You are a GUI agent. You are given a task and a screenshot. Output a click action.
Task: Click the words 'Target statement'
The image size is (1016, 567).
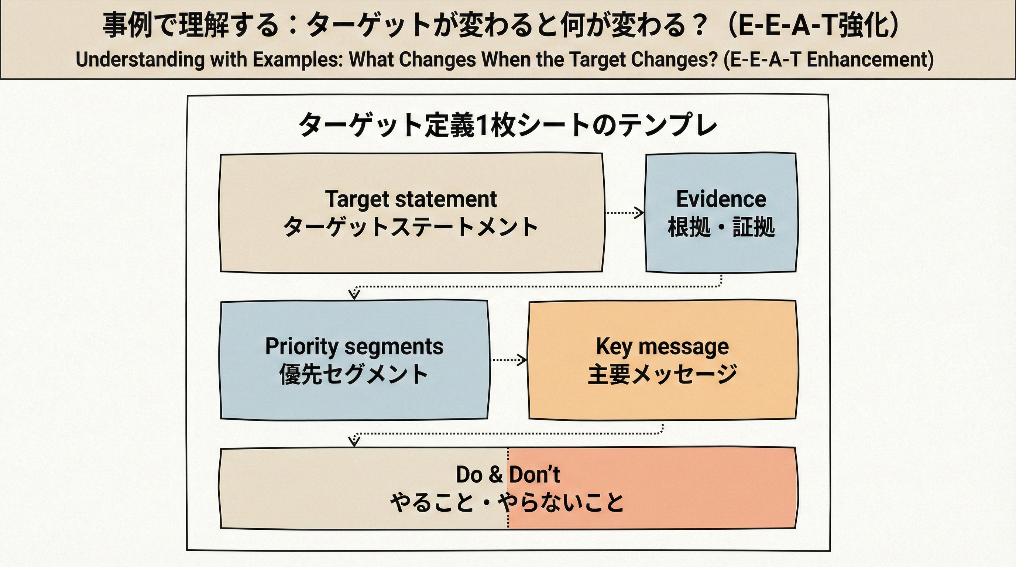(x=411, y=199)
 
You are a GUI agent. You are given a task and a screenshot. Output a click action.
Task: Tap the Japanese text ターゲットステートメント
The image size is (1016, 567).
(x=411, y=227)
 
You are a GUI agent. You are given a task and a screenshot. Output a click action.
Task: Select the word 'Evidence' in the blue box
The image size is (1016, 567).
(x=721, y=199)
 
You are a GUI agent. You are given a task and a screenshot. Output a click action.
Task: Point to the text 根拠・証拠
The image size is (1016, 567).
(x=721, y=227)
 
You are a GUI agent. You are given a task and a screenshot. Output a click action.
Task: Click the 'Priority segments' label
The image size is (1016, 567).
(x=354, y=347)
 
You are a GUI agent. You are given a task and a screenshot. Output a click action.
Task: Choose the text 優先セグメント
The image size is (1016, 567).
(x=354, y=374)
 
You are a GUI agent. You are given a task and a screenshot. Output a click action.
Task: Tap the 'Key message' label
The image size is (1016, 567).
(x=662, y=347)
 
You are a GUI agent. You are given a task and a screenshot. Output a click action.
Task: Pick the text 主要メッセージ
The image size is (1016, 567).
(x=662, y=374)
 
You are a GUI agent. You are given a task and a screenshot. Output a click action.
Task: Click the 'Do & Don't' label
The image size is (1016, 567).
(x=508, y=474)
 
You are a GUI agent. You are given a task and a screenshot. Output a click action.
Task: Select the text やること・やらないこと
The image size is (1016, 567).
(x=508, y=502)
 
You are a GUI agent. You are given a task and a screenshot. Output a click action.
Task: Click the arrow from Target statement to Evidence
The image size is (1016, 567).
(x=624, y=213)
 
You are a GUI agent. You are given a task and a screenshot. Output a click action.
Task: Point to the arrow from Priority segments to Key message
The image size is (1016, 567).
(x=508, y=360)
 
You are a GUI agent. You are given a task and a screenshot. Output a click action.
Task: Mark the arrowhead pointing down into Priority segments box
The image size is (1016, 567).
(x=354, y=295)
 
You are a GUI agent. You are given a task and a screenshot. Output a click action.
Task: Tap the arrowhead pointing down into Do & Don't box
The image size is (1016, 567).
(x=354, y=441)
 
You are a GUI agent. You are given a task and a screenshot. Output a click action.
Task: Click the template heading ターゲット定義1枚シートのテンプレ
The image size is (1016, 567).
(x=508, y=125)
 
